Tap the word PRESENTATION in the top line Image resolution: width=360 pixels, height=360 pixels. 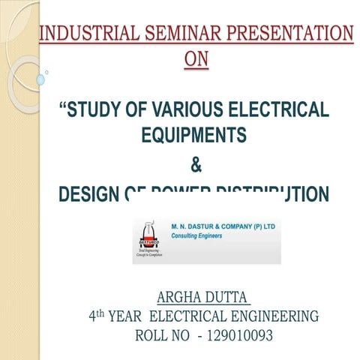pos(300,34)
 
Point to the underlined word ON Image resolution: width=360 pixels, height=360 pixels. pos(196,58)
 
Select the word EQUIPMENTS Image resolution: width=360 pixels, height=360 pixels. pos(193,135)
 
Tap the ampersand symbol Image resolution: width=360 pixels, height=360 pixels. pos(196,164)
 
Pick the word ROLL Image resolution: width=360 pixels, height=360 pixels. pos(151,336)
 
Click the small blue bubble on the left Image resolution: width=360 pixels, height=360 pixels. pos(40,79)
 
